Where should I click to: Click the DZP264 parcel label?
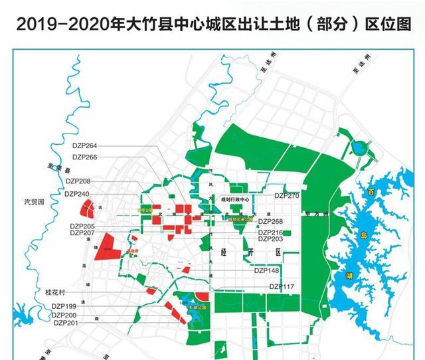click(x=85, y=145)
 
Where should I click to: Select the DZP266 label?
click(x=85, y=157)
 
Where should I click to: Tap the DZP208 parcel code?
click(x=78, y=181)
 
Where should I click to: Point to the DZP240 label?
click(x=78, y=193)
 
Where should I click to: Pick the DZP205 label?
click(x=82, y=226)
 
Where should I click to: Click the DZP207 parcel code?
click(x=82, y=234)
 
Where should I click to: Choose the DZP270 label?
click(x=287, y=196)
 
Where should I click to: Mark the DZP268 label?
click(x=271, y=221)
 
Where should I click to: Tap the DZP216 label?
click(x=271, y=232)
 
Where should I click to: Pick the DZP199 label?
click(x=65, y=306)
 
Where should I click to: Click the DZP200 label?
click(x=65, y=315)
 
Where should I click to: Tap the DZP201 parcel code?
click(x=65, y=323)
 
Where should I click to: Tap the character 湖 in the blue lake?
click(x=348, y=276)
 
